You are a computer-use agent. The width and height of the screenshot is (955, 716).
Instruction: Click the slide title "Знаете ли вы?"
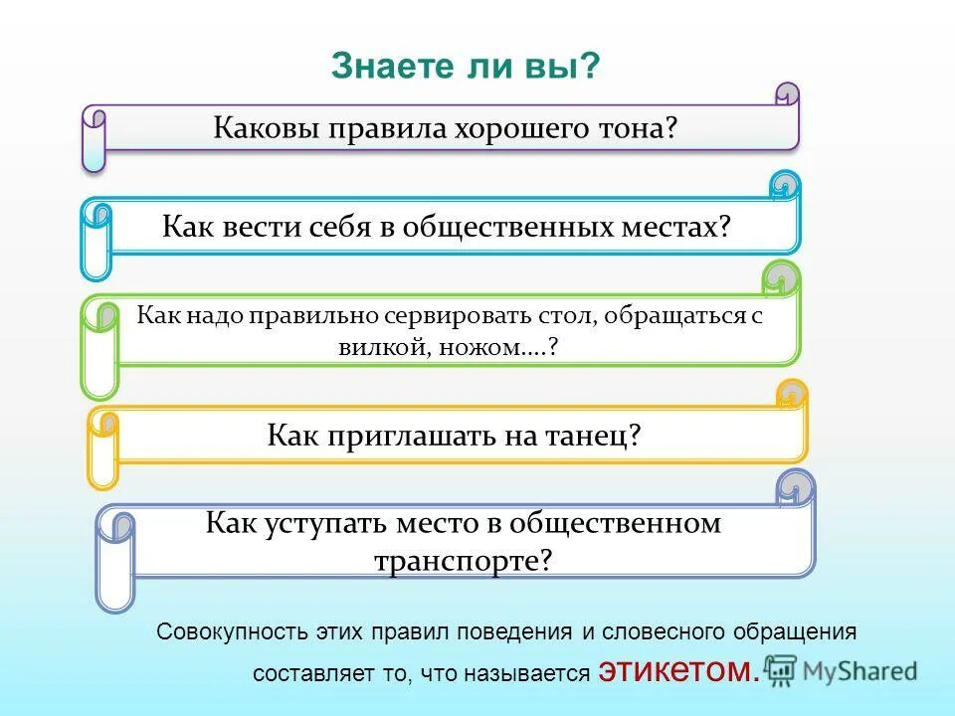click(x=466, y=67)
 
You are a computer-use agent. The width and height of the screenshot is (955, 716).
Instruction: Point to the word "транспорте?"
click(x=463, y=559)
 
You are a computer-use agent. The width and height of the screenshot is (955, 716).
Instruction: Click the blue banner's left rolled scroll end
click(x=96, y=239)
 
